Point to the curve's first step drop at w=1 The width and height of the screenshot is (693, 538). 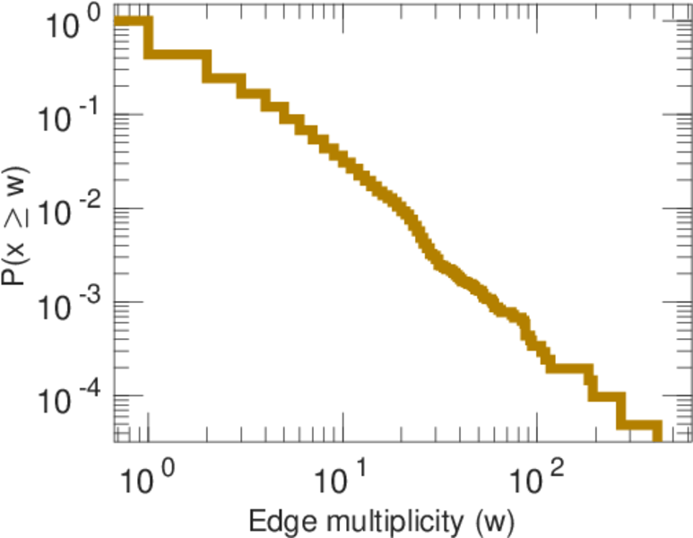coord(149,38)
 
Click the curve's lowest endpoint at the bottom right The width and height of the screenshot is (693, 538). coord(656,436)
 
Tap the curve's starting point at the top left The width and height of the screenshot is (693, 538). coord(119,22)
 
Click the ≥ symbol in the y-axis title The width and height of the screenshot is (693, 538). coord(17,213)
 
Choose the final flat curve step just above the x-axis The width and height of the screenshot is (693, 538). coord(640,425)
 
